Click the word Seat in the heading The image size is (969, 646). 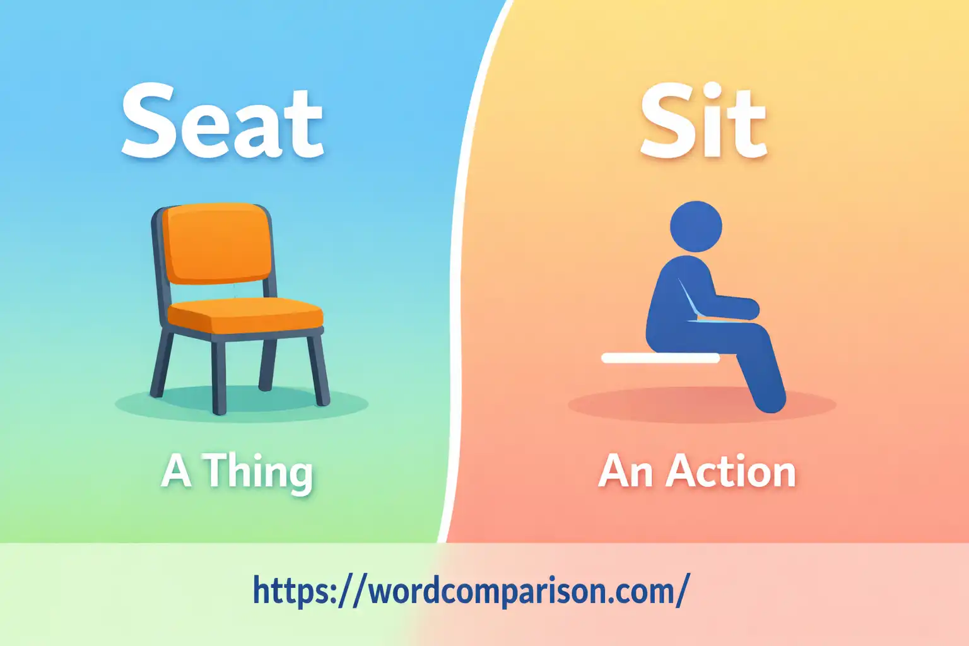[222, 122]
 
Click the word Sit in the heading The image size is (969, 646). [703, 122]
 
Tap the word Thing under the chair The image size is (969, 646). [257, 472]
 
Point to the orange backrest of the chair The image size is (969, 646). [218, 243]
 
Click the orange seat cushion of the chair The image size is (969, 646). [246, 315]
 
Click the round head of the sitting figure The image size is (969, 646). [696, 226]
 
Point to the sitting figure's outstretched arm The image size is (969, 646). [735, 307]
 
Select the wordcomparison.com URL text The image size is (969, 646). [470, 590]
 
